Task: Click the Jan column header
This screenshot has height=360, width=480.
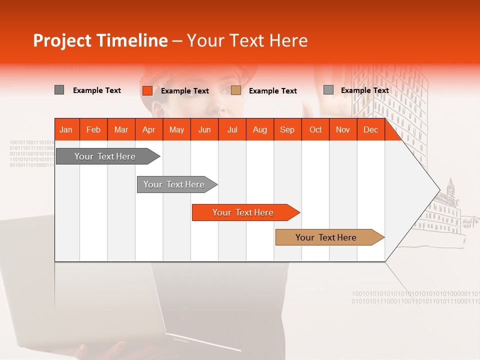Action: pyautogui.click(x=66, y=129)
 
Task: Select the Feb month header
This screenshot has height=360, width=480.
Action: pyautogui.click(x=93, y=129)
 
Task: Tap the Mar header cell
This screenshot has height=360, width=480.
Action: pyautogui.click(x=121, y=129)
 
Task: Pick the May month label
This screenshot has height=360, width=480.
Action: pyautogui.click(x=176, y=129)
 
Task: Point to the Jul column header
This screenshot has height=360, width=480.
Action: pyautogui.click(x=232, y=129)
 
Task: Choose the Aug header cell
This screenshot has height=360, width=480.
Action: pyautogui.click(x=260, y=129)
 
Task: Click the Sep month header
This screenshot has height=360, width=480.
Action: pyautogui.click(x=287, y=129)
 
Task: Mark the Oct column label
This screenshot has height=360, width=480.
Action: pyautogui.click(x=315, y=129)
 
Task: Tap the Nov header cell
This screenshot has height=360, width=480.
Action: pyautogui.click(x=343, y=129)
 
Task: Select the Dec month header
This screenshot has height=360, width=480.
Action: pyautogui.click(x=370, y=129)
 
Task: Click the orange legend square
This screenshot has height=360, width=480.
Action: pyautogui.click(x=147, y=90)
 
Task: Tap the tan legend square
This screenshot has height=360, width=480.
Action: pyautogui.click(x=236, y=90)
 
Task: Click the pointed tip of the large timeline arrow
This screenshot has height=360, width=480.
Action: pyautogui.click(x=438, y=190)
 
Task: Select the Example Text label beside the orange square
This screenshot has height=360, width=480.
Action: pyautogui.click(x=185, y=91)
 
